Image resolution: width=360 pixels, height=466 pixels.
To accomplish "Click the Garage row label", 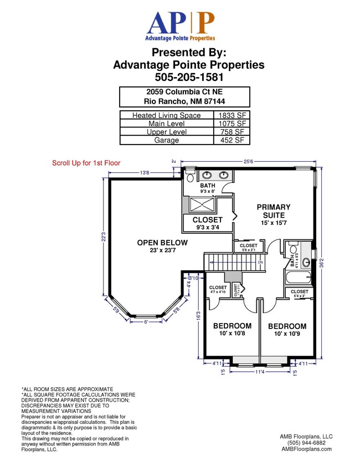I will coord(166,141).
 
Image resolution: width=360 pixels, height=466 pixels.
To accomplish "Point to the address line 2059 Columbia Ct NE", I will coord(184,91).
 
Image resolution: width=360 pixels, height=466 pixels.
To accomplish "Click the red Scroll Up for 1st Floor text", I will coord(86,163).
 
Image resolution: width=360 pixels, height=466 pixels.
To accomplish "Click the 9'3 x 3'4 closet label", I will coord(208,223).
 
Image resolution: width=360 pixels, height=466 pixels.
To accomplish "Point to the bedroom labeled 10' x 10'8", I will coord(232,330).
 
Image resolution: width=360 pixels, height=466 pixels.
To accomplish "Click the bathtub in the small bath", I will coord(298,278).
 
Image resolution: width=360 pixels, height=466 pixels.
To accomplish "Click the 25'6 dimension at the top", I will coord(248,162).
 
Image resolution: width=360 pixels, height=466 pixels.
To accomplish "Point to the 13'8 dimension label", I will coord(145,173).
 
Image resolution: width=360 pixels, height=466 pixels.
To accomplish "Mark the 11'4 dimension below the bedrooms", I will coord(259,372).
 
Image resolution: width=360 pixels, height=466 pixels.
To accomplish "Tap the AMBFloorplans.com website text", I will coord(306,449).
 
